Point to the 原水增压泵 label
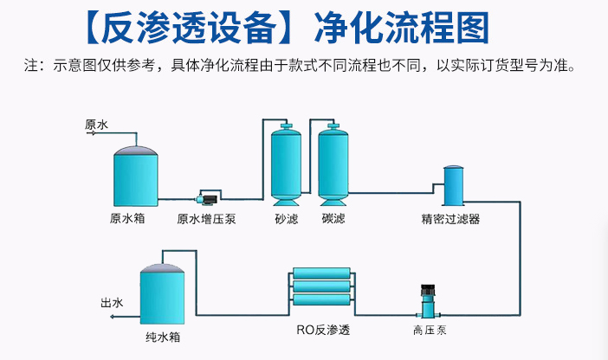point(206,219)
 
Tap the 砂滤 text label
point(286,219)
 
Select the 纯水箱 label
point(163,337)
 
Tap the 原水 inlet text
point(96,125)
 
